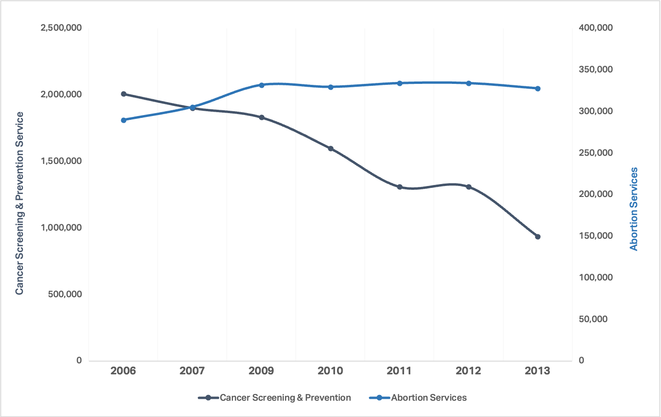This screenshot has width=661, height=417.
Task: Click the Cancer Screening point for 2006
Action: coord(124,94)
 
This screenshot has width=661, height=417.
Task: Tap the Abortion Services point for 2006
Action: coord(124,120)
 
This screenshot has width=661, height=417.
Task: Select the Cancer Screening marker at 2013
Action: coord(538,237)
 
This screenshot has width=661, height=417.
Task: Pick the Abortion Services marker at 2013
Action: coord(538,88)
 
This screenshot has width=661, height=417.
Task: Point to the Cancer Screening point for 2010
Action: coord(331,149)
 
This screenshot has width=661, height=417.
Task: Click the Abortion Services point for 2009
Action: coord(262,85)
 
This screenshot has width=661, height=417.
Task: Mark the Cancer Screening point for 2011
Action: coord(400,187)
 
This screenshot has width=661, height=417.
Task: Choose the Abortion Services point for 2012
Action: coord(469,83)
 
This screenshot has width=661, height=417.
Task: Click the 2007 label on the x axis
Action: coord(192,371)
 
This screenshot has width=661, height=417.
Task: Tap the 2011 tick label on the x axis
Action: coord(399,371)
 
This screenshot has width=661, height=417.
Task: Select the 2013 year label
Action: coord(537,371)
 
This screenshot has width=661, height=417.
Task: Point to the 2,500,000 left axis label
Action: coord(61,28)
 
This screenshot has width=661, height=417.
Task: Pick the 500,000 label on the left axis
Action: coord(65,294)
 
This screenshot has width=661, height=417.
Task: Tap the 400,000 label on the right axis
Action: coord(596,28)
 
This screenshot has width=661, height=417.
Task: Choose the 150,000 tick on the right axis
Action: coord(596,236)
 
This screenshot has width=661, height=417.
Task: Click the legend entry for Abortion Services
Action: coord(429,398)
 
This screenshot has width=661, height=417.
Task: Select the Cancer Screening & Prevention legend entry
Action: coord(285,398)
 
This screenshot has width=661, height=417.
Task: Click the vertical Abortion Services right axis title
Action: coord(634,208)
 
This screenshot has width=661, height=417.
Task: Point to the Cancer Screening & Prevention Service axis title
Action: coord(20,203)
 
